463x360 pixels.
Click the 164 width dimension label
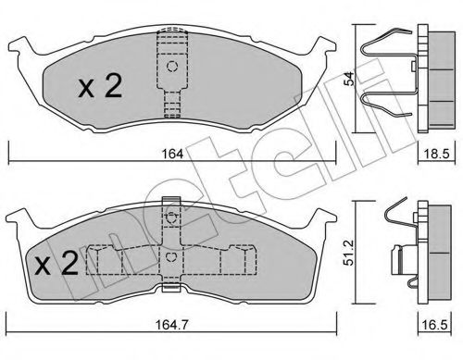(x=173, y=154)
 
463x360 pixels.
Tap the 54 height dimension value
(x=349, y=79)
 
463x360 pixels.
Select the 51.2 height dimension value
(x=349, y=253)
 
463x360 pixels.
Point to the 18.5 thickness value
(x=436, y=154)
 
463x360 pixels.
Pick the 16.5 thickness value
(x=436, y=325)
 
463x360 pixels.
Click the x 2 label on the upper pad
(x=100, y=87)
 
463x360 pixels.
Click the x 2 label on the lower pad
(x=56, y=263)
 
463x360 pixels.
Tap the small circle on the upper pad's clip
(x=172, y=66)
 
